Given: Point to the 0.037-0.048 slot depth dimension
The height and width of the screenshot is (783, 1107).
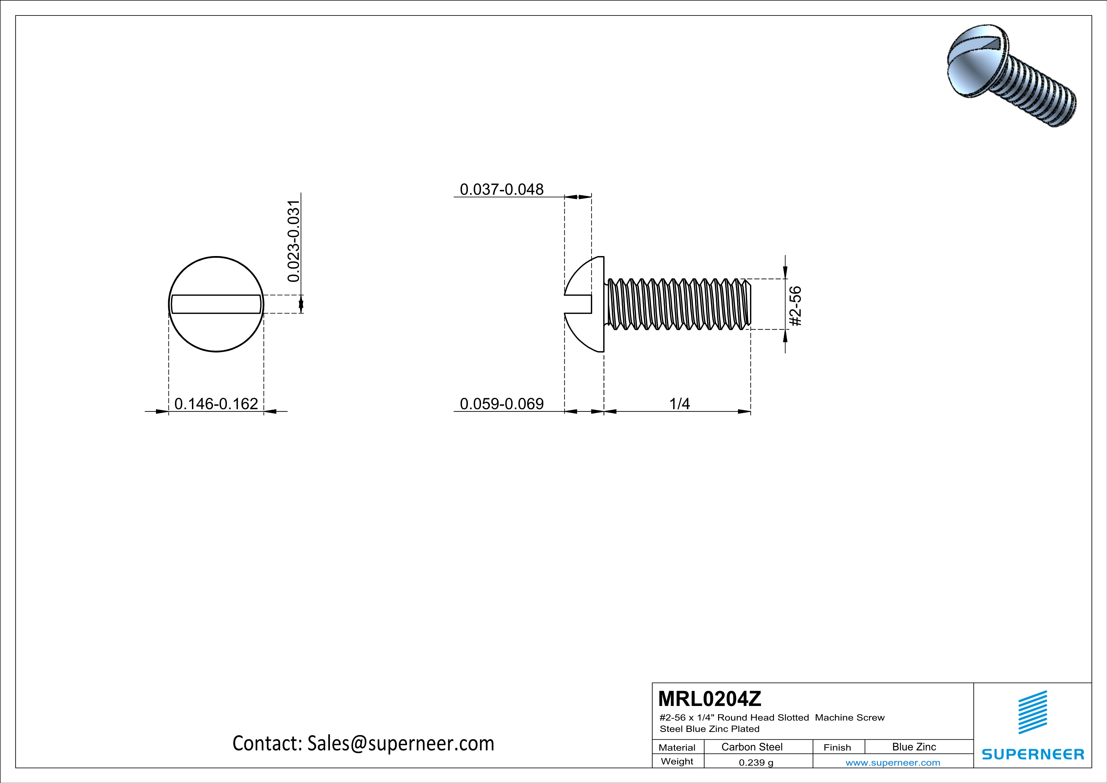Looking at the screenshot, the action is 502,189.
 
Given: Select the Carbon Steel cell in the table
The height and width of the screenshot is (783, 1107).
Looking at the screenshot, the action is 752,747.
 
